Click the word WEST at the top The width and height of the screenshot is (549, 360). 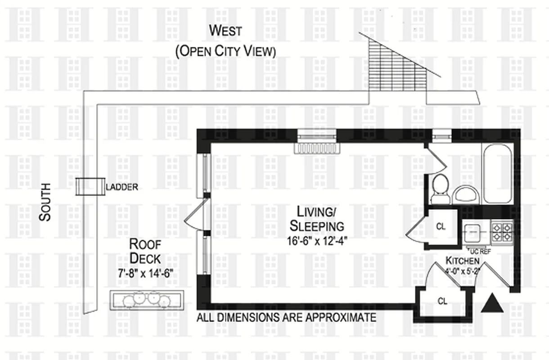pyautogui.click(x=225, y=31)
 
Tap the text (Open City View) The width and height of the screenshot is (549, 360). pyautogui.click(x=225, y=51)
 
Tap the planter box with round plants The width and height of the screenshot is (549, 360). pyautogui.click(x=148, y=300)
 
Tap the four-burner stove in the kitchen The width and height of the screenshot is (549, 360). pyautogui.click(x=502, y=232)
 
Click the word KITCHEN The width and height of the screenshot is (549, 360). pyautogui.click(x=462, y=261)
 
